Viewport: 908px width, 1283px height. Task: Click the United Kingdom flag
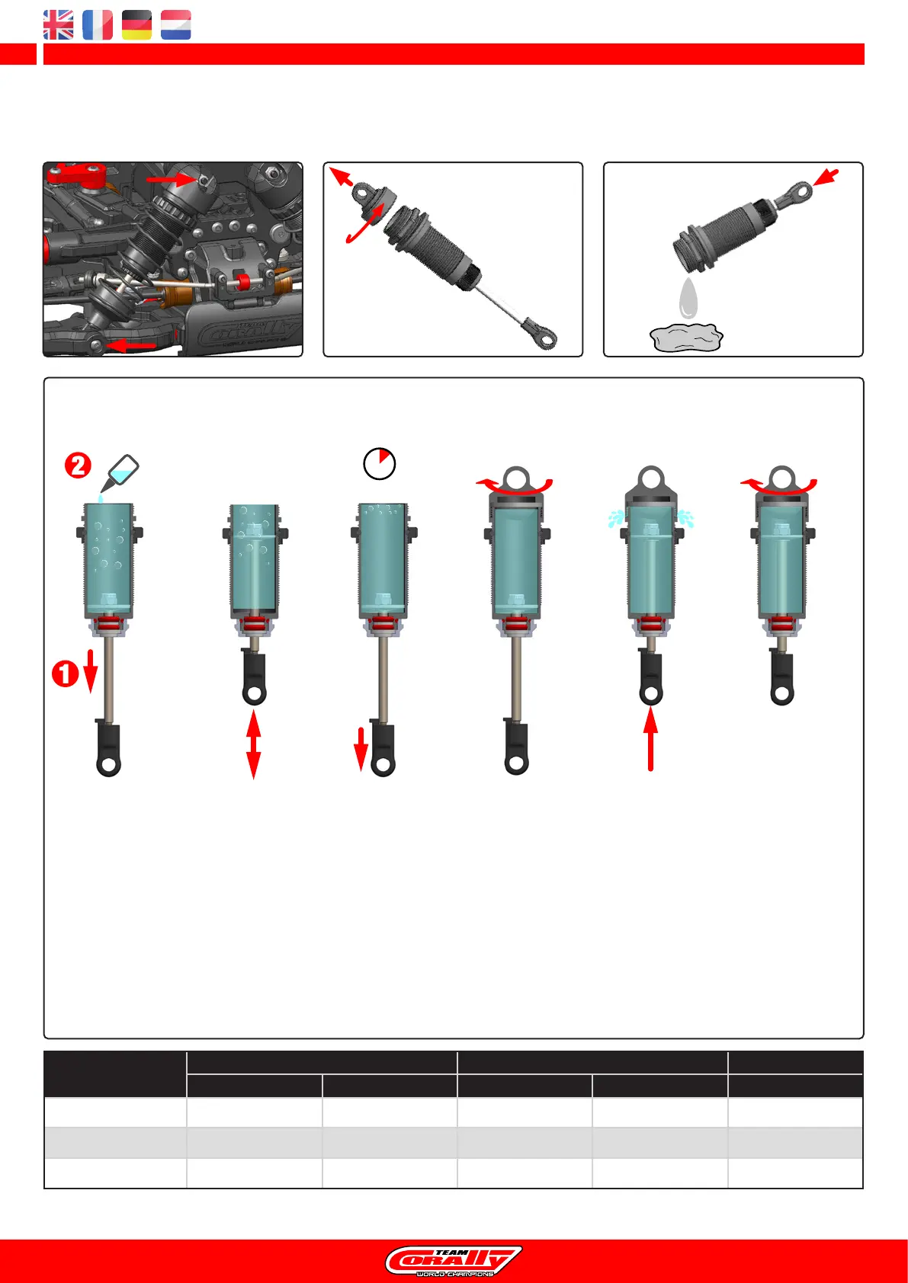[x=59, y=25]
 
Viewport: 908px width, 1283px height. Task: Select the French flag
[x=98, y=25]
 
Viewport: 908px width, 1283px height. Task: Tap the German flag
[x=136, y=25]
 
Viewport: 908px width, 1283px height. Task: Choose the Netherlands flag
[x=175, y=25]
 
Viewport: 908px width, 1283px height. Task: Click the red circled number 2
[x=78, y=465]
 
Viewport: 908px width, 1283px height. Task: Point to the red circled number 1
[x=65, y=673]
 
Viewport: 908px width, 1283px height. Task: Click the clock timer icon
[x=379, y=463]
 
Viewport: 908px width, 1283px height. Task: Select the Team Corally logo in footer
[x=454, y=1261]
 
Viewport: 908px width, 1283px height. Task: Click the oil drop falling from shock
[x=688, y=299]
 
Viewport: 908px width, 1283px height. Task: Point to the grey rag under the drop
[x=686, y=337]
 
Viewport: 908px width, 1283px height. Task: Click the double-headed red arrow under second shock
[x=253, y=744]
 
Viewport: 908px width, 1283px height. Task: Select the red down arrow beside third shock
[x=361, y=748]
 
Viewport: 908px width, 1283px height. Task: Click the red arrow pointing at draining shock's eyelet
[x=826, y=178]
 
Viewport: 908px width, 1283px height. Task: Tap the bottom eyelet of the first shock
[x=109, y=764]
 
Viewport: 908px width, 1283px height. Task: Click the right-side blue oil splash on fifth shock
[x=686, y=519]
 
